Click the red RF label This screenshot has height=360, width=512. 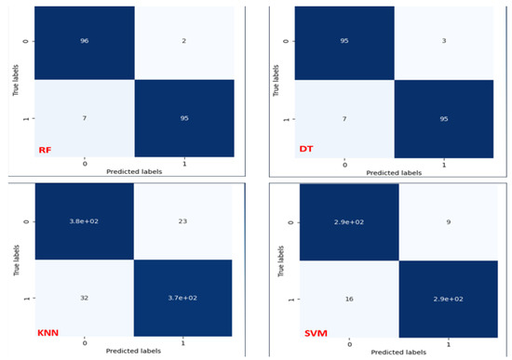44,150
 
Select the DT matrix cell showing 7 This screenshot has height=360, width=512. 345,121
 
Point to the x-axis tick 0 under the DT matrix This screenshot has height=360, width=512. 345,166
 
